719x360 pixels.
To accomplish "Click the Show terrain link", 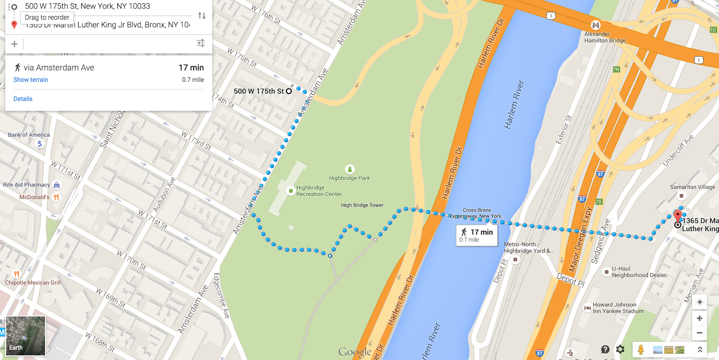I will point(31,80).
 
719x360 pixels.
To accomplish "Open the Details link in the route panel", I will point(23,99).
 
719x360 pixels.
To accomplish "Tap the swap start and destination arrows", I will point(202,16).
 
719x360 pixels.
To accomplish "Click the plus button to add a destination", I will point(14,44).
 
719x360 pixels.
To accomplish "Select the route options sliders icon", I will point(200,43).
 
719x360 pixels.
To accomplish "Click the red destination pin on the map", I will point(678,216).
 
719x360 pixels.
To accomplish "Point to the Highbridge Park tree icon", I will point(350,169).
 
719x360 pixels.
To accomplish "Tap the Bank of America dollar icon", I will point(40,144).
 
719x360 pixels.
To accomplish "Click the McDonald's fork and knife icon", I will point(56,197).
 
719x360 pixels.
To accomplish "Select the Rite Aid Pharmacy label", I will point(27,185).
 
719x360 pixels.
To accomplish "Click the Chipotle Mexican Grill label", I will point(33,283).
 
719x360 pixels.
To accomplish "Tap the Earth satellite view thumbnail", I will point(26,336).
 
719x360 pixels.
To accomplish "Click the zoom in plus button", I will point(699,318).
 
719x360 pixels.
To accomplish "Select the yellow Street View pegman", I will point(641,349).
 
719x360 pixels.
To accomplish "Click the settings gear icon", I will point(620,349).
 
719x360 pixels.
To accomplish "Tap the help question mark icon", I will point(605,349).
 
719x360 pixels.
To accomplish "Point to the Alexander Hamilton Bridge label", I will point(604,37).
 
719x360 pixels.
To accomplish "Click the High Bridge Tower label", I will point(362,205).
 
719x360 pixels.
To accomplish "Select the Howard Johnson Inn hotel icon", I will point(587,308).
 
